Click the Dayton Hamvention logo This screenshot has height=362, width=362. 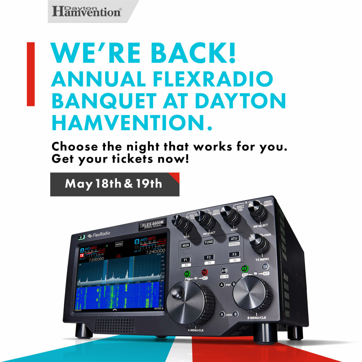coord(87,11)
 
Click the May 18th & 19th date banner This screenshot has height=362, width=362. coord(115,184)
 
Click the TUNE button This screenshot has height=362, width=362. coord(209,242)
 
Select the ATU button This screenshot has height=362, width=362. coord(234,239)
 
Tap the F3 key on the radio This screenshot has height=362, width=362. coord(234,254)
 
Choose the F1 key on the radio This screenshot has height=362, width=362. coord(186,260)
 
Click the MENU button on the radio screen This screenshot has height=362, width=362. coord(119,244)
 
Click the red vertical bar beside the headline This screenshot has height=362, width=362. coord(31,74)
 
